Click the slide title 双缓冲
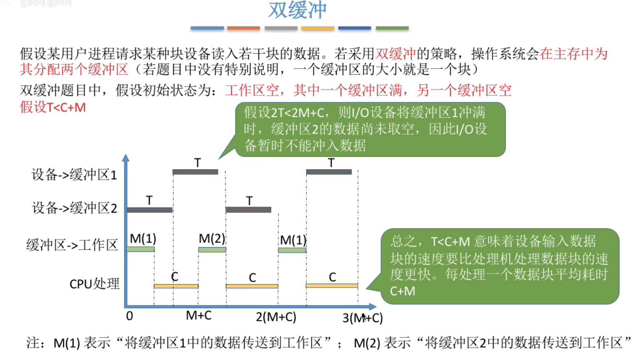tap(297, 10)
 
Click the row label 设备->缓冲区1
tap(74, 175)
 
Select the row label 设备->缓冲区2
tap(75, 208)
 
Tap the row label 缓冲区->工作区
tap(72, 245)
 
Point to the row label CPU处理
tap(95, 284)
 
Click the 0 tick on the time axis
tap(129, 316)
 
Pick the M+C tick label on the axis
tap(198, 316)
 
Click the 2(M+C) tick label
tap(276, 317)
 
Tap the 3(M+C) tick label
tap(363, 318)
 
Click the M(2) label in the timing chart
tap(212, 239)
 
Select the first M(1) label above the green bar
tap(143, 239)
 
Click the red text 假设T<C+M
tap(53, 107)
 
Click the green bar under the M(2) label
tap(212, 250)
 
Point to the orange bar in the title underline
tap(244, 28)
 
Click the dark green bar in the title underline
tap(392, 28)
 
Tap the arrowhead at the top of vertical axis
tap(126, 158)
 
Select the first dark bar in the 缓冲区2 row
tap(150, 210)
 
